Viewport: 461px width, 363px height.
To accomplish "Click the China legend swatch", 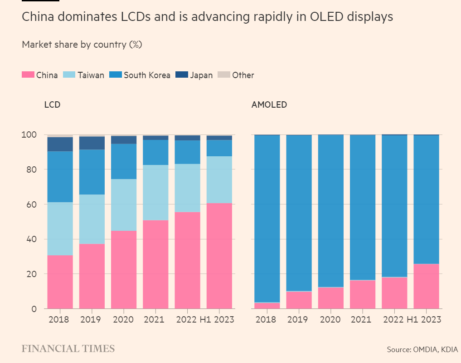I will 28,75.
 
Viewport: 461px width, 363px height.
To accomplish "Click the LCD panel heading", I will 52,105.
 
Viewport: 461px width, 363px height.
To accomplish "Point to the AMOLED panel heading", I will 269,105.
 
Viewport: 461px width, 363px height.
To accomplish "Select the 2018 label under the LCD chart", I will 58,319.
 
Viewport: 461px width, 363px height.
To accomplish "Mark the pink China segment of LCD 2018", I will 60,282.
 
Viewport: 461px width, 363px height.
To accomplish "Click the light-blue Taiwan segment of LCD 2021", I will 155,193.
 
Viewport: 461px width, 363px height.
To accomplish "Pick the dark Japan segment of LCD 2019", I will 92,143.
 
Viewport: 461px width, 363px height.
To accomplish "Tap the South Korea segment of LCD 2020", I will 124,161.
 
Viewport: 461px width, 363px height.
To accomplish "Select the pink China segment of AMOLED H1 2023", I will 426,286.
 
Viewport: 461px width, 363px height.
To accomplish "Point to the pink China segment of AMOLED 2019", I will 299,300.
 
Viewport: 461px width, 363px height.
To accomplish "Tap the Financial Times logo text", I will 68,348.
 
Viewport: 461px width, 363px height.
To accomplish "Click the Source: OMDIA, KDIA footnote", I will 422,349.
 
